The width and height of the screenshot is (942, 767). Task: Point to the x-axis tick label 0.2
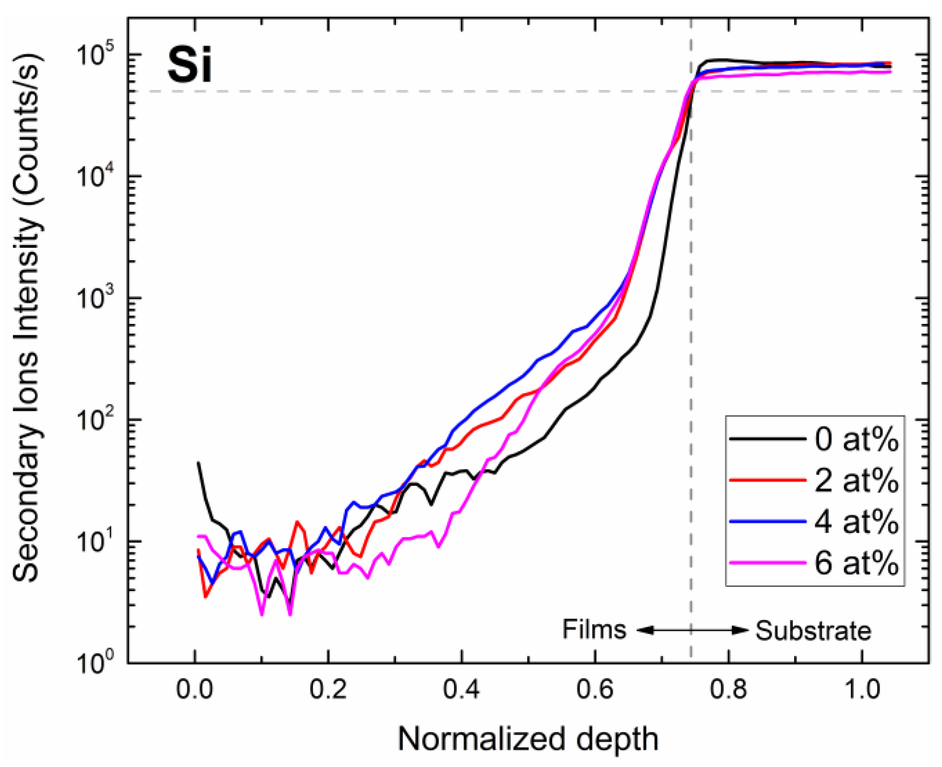[x=328, y=690]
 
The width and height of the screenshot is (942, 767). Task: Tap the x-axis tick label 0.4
[x=461, y=690]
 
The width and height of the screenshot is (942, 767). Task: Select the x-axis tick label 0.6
[x=595, y=690]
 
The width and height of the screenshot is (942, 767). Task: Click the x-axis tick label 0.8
[x=728, y=690]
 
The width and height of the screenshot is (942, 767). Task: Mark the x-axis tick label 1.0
[x=861, y=690]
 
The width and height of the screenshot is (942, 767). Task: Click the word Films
[x=594, y=629]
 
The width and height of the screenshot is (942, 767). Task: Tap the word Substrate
[x=813, y=631]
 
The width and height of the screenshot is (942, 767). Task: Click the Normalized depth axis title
[x=528, y=739]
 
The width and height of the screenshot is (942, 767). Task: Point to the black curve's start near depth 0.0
[x=199, y=463]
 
